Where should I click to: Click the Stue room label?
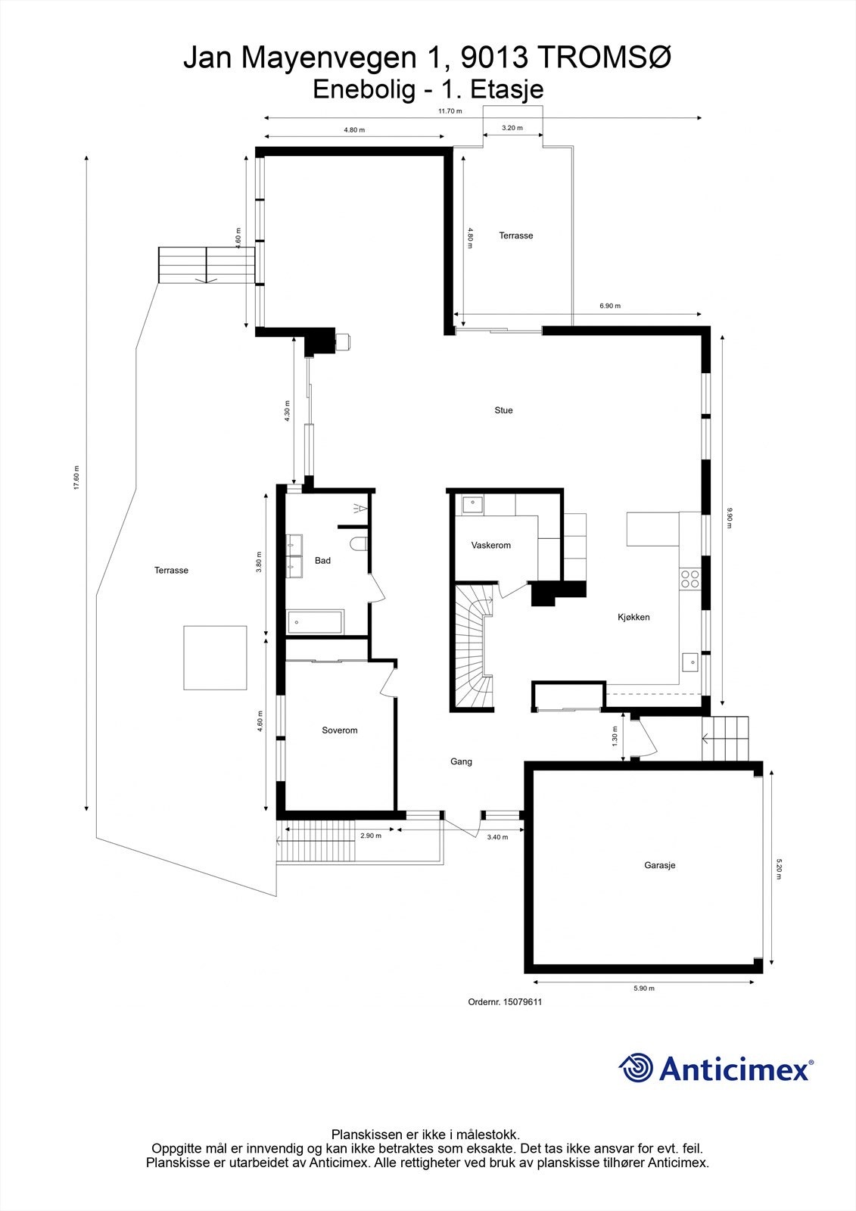[x=503, y=410]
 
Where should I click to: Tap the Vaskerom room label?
[x=490, y=545]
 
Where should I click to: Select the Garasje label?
[x=659, y=865]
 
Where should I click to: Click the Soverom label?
[x=339, y=730]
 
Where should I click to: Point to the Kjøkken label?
[x=633, y=617]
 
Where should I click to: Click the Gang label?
[x=461, y=761]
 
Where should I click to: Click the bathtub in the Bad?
[x=316, y=621]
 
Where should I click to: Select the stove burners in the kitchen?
[x=689, y=579]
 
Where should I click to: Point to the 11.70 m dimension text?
[x=450, y=111]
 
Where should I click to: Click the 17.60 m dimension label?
[x=76, y=478]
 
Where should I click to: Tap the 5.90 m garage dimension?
[x=643, y=988]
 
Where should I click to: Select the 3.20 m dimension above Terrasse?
[x=512, y=128]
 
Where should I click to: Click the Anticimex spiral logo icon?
[x=636, y=1068]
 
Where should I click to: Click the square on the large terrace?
[x=215, y=658]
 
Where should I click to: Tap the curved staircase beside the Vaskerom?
[x=473, y=647]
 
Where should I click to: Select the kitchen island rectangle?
[x=652, y=528]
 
